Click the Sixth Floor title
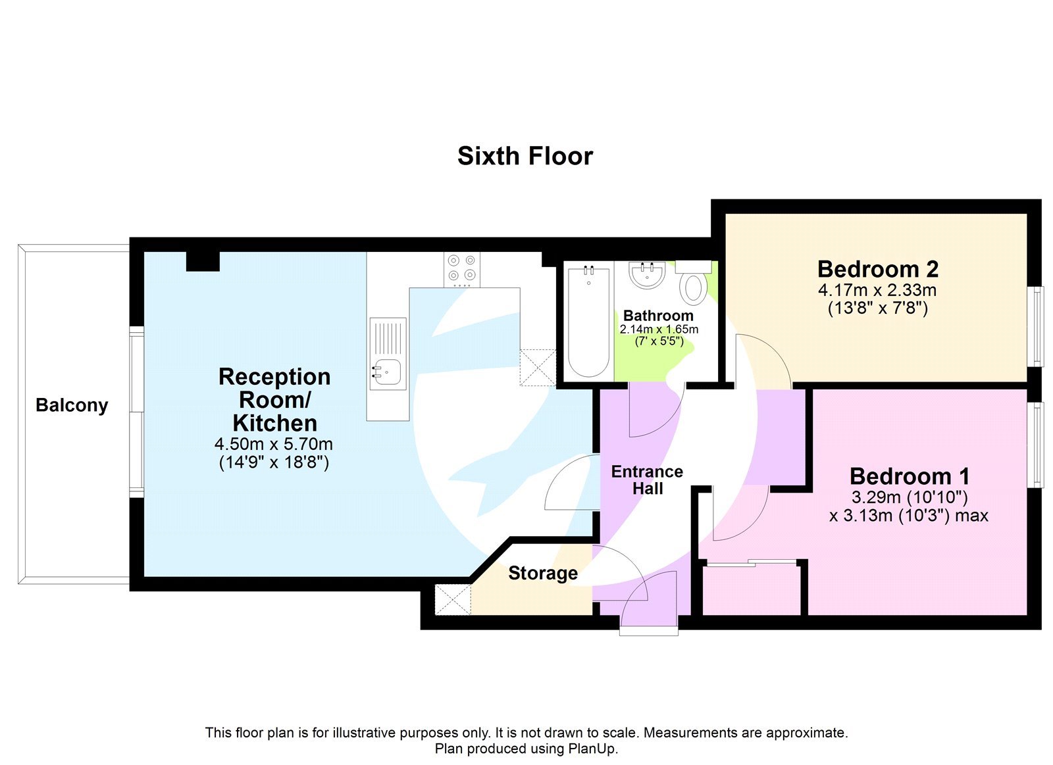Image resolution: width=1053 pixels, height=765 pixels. (525, 156)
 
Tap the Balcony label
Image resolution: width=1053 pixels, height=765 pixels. (72, 405)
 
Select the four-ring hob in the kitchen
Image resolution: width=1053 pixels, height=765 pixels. (461, 268)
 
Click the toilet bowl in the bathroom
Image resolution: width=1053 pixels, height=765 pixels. (693, 288)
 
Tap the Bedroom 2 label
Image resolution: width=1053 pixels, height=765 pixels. (877, 269)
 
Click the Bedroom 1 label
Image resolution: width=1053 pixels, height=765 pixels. (909, 476)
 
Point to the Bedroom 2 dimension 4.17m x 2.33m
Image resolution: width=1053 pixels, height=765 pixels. (877, 290)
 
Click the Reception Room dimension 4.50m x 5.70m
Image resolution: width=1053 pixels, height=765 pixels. (274, 444)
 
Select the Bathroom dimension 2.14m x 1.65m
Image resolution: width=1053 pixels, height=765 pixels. (659, 329)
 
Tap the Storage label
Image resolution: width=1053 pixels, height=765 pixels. (543, 573)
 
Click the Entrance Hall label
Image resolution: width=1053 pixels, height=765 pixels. (647, 480)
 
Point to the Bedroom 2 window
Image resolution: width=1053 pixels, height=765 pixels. (1036, 326)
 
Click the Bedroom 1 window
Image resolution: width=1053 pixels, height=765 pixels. (1036, 445)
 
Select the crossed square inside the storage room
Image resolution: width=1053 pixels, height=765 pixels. (453, 599)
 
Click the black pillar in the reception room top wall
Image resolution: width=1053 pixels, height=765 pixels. (203, 261)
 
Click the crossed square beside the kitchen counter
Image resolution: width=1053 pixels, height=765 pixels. (538, 367)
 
